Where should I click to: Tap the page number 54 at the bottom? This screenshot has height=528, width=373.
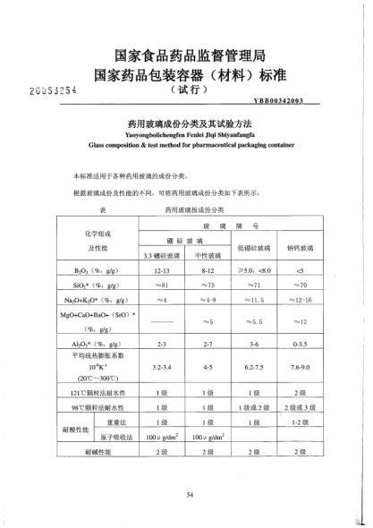pyautogui.click(x=190, y=492)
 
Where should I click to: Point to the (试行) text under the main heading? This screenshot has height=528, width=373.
pyautogui.click(x=188, y=89)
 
